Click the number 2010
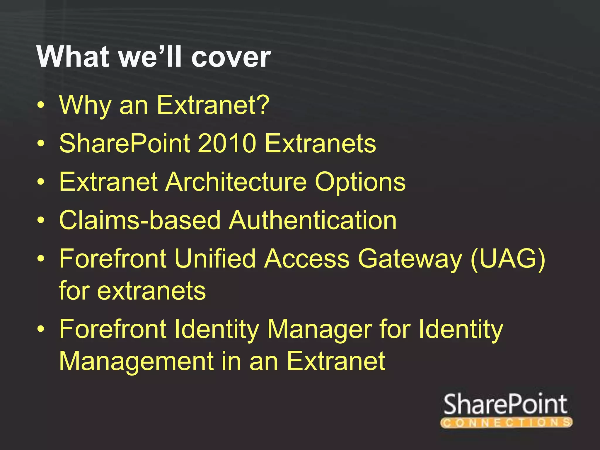[x=227, y=143]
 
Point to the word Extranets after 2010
[x=320, y=143]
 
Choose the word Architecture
[x=236, y=182]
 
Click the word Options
[x=360, y=182]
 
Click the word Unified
[x=215, y=259]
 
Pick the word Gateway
[x=410, y=259]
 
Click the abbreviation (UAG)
[x=508, y=259]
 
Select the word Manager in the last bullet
[x=320, y=330]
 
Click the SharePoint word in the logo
[x=505, y=405]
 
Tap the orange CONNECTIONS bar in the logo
[x=506, y=422]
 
